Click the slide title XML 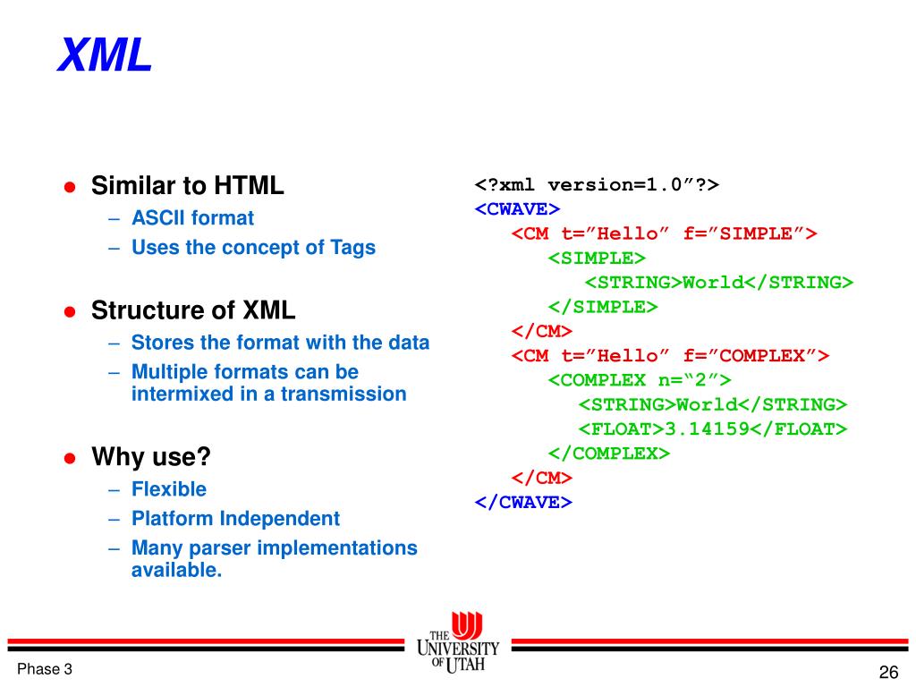coord(105,56)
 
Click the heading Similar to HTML coord(188,186)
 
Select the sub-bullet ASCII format coord(192,218)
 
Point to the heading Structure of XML coord(193,311)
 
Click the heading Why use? coord(151,458)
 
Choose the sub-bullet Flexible coord(169,489)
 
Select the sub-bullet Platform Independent coord(235,519)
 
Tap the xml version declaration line coord(597,185)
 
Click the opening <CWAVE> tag coord(517,209)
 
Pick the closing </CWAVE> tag coord(523,502)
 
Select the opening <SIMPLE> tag coord(597,259)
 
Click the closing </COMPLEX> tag coord(608,453)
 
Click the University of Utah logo coord(458,644)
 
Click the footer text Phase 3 coord(45,670)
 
